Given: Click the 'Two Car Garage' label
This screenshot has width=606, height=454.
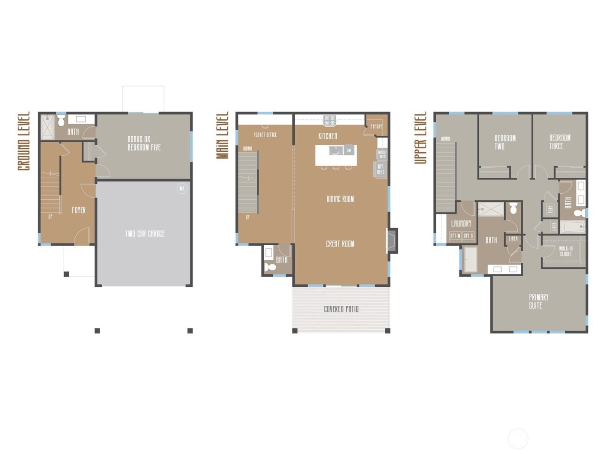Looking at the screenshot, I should [145, 234].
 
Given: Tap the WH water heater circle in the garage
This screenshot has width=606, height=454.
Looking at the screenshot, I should [182, 189].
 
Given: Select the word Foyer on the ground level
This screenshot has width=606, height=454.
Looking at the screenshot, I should [79, 210].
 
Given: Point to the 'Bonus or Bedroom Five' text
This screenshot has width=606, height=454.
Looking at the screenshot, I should [144, 143].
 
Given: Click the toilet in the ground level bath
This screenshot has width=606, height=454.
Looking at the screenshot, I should [61, 120].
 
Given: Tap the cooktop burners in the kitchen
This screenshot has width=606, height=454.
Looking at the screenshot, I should [330, 120].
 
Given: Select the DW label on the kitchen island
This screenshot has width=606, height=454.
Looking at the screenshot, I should [349, 150].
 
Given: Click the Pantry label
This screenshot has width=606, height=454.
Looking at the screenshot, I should [376, 127].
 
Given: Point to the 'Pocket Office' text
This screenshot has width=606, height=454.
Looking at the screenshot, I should [265, 135].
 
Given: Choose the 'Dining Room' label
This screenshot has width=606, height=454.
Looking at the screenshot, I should [340, 199].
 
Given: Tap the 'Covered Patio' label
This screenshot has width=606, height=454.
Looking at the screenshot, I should [341, 309].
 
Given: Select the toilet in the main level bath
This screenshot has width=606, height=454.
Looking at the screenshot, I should [270, 267].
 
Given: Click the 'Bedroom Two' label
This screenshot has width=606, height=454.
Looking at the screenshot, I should [505, 142].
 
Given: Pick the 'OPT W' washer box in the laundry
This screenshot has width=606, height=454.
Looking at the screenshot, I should [455, 236].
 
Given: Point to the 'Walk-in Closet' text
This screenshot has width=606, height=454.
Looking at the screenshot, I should [565, 251].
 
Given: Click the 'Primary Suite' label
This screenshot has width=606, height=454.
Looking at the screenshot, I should [538, 301].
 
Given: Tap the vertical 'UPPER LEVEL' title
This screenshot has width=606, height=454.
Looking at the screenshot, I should [420, 138].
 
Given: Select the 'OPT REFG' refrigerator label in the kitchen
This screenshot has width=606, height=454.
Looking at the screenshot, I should [380, 169].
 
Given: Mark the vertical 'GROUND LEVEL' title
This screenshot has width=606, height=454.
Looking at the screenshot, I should [24, 141].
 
